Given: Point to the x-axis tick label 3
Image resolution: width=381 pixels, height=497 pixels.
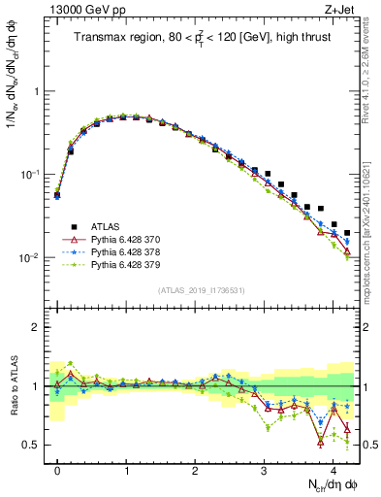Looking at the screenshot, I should click(264, 467).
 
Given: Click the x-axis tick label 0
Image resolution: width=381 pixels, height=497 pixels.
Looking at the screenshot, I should click(57, 467).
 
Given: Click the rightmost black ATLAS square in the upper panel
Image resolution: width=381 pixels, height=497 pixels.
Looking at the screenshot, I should click(347, 233).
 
